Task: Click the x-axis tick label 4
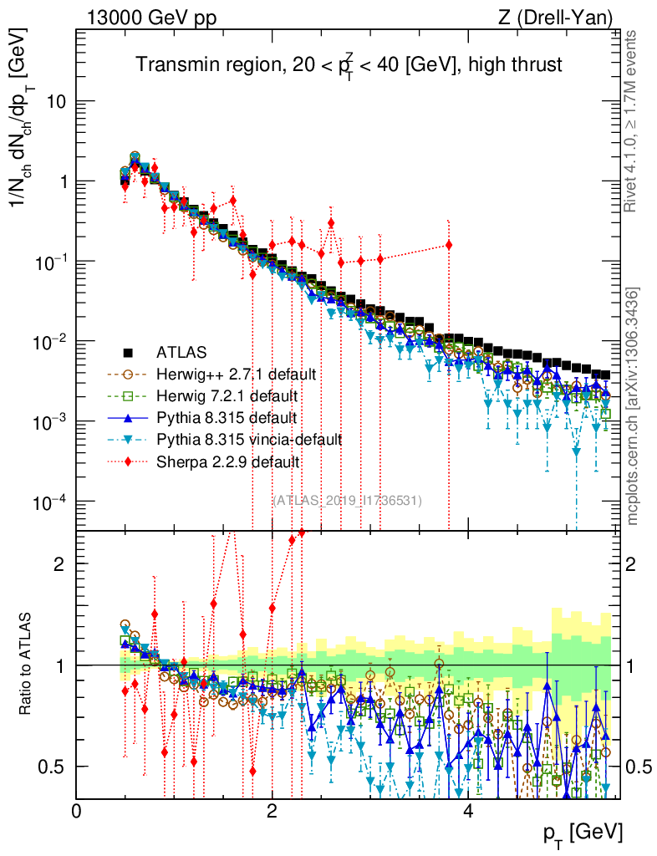pos(467,811)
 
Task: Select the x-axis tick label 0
pos(77,811)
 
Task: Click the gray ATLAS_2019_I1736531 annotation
pos(347,500)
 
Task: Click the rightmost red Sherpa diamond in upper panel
pos(449,245)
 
